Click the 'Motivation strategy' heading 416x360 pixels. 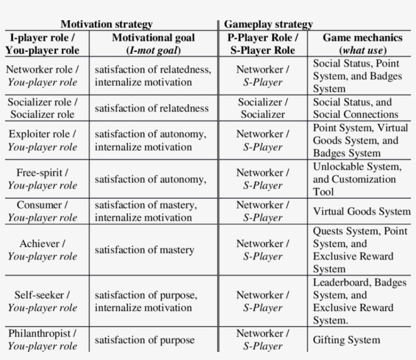point(106,24)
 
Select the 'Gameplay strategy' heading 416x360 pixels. point(268,24)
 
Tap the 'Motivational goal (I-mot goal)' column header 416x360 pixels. point(153,44)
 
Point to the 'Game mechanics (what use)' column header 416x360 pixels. point(362,44)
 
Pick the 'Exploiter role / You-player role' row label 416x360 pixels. point(42,140)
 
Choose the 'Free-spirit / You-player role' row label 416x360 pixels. point(42,179)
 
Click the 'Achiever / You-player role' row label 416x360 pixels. point(42,250)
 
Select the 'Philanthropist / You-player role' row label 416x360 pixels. point(42,340)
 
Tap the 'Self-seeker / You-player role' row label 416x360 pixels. point(42,301)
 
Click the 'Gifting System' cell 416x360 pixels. point(346,340)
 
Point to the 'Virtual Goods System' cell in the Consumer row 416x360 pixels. point(362,211)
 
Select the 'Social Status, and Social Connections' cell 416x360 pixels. point(356,108)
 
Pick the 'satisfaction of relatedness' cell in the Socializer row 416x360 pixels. point(152,108)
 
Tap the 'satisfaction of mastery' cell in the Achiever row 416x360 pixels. point(144,250)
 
